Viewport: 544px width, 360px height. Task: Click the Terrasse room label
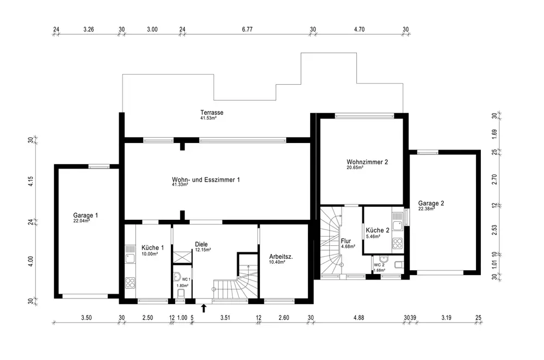point(212,113)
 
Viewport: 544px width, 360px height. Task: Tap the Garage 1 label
point(85,215)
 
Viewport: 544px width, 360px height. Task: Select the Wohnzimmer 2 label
point(367,162)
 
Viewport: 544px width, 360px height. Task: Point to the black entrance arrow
point(203,308)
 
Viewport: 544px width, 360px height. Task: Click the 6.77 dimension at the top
point(247,29)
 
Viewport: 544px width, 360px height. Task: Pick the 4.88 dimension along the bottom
point(358,318)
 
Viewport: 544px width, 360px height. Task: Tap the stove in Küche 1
point(130,283)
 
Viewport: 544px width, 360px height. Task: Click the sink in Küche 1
point(130,258)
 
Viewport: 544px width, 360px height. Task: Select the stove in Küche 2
point(397,243)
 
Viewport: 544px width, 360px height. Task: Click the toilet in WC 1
point(181,294)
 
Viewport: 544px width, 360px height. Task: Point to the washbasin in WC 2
point(384,259)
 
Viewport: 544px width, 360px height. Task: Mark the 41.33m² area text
point(180,185)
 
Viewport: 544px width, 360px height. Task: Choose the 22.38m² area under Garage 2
point(426,209)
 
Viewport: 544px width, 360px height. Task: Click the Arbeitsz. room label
point(281,257)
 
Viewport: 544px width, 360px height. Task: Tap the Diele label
point(201,244)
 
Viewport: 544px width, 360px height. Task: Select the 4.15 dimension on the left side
point(30,182)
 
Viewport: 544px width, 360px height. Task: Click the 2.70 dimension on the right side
point(494,179)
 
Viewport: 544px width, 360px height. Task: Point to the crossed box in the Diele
point(182,257)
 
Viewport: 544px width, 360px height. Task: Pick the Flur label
point(346,241)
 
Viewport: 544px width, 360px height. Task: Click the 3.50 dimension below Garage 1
point(86,318)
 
